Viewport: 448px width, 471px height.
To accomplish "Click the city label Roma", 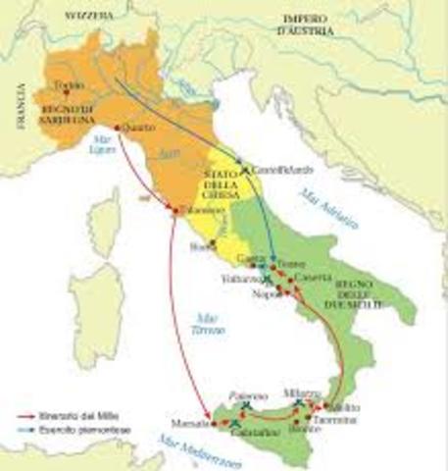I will point(204,246).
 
